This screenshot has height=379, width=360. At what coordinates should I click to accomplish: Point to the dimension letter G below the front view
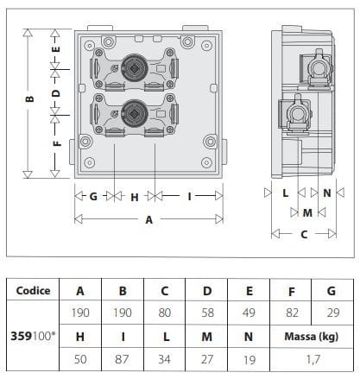[x=92, y=197]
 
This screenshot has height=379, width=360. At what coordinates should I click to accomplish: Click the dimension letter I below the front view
[x=189, y=197]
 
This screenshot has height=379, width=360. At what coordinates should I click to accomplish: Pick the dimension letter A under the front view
[x=148, y=220]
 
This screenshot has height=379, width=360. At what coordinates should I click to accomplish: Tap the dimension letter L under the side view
[x=285, y=194]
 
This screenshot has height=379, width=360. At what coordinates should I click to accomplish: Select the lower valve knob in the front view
[x=136, y=110]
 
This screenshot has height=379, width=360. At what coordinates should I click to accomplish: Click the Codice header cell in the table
[x=33, y=291]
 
